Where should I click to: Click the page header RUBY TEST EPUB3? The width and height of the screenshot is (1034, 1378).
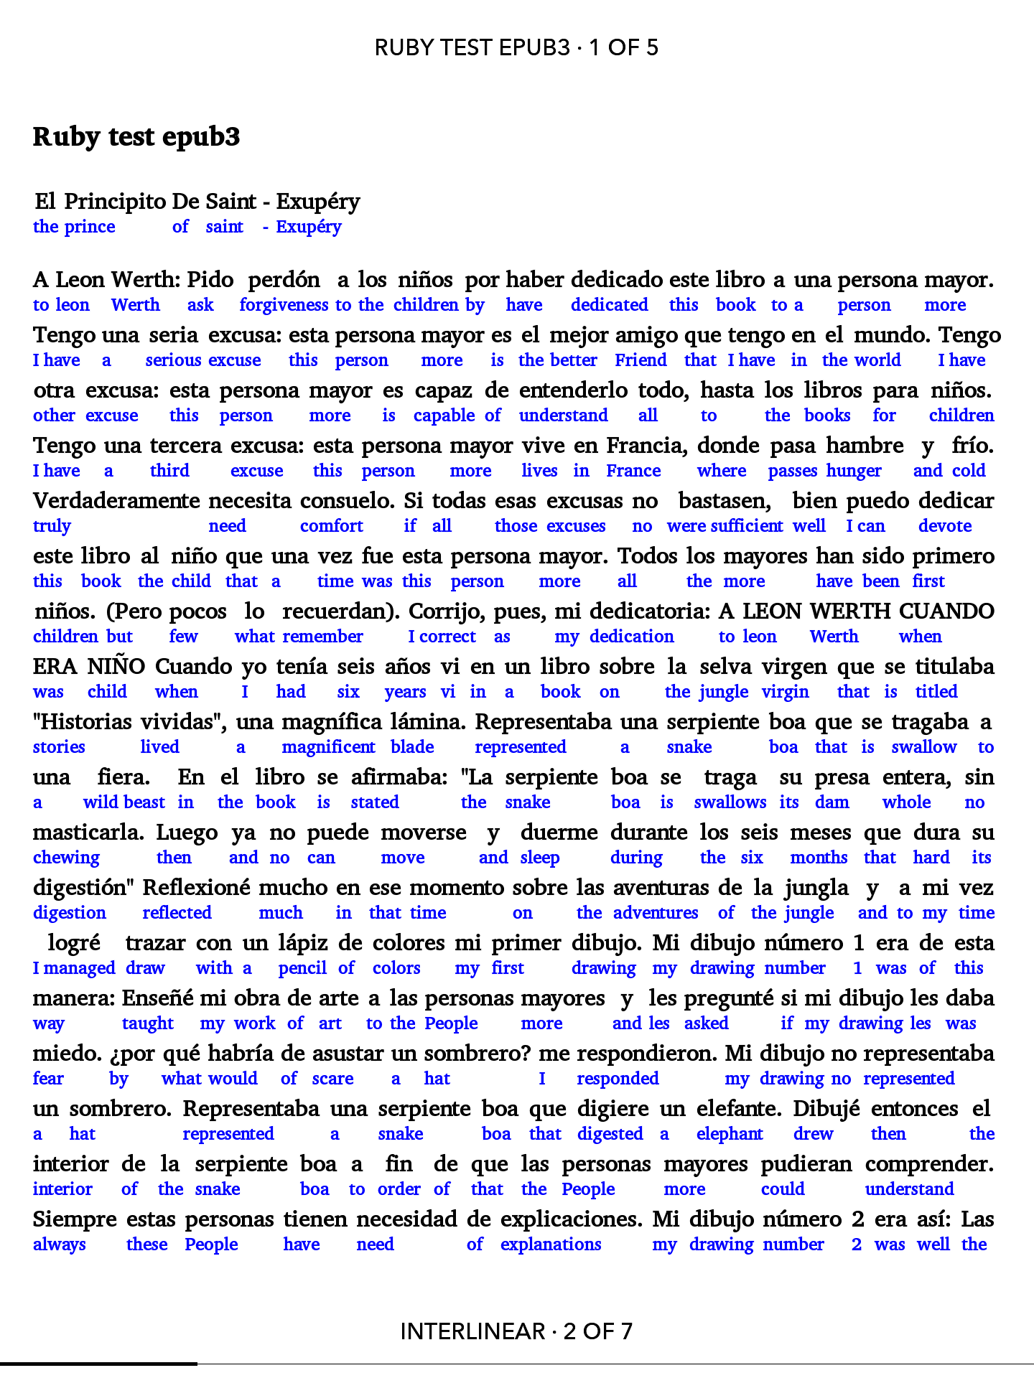tap(516, 47)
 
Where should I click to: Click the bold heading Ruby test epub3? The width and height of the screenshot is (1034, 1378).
tap(136, 136)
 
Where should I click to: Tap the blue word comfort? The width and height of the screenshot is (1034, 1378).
tap(332, 526)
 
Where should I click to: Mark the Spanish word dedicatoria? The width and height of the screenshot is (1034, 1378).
tap(650, 611)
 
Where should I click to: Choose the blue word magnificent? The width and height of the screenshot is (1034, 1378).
tap(328, 747)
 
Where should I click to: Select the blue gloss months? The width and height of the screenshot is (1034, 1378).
tap(819, 858)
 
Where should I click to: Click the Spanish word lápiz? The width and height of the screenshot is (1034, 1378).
tap(302, 943)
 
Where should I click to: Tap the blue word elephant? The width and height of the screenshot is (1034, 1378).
tap(730, 1134)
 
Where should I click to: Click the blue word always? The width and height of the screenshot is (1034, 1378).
tap(60, 1245)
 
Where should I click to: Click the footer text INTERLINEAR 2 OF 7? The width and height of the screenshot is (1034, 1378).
tap(516, 1331)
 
